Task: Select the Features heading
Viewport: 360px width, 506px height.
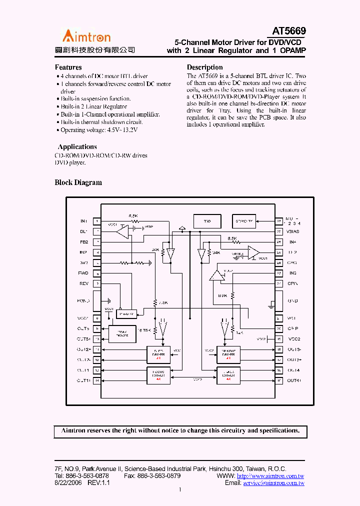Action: (x=68, y=67)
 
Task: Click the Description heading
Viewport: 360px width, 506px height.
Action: (x=204, y=67)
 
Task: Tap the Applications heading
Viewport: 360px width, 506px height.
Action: (x=77, y=147)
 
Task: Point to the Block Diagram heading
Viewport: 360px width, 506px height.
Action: (x=78, y=183)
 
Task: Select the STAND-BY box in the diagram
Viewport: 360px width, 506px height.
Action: (x=243, y=220)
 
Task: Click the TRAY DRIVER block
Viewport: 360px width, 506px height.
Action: (x=122, y=333)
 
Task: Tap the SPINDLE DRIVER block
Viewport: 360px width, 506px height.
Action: (x=228, y=354)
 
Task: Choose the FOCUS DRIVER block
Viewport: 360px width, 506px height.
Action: (x=158, y=374)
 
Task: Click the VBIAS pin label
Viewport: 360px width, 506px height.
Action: (x=293, y=232)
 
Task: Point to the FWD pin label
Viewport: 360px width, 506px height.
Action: (x=83, y=273)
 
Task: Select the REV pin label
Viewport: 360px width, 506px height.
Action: (x=84, y=283)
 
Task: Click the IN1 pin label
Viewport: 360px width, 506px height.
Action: (x=83, y=221)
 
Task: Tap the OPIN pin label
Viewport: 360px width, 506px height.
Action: (x=292, y=283)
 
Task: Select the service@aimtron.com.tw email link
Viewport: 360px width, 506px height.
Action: (x=273, y=483)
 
